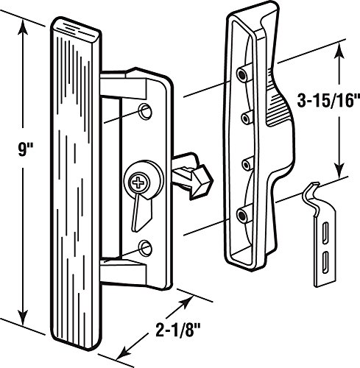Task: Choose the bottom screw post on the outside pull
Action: click(243, 214)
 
